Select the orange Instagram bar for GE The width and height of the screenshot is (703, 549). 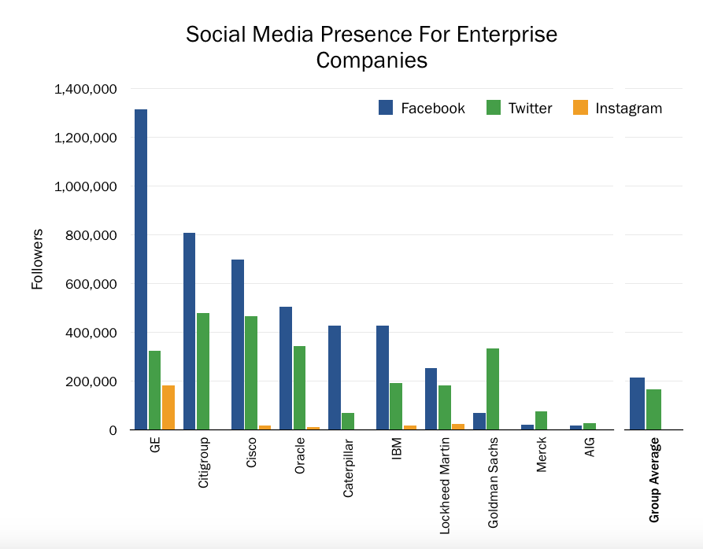click(x=168, y=407)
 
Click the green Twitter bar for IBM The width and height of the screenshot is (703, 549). click(x=396, y=406)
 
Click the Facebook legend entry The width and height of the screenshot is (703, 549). click(x=422, y=109)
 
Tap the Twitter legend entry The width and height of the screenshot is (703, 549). click(x=520, y=109)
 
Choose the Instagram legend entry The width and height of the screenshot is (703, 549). click(x=617, y=109)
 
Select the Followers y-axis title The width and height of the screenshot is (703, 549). click(x=37, y=260)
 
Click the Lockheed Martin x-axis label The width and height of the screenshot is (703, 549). click(x=446, y=486)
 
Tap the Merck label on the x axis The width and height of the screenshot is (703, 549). click(x=542, y=455)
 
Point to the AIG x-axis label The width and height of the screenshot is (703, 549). click(x=590, y=449)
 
